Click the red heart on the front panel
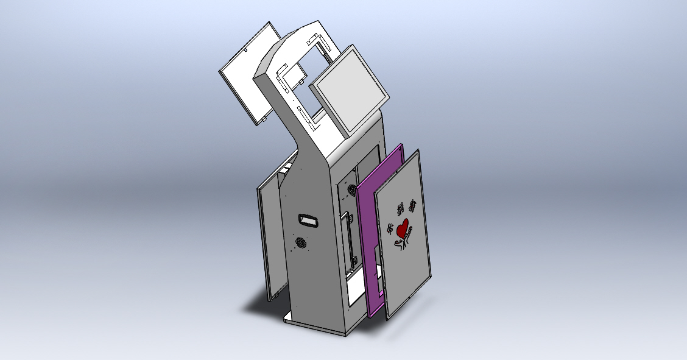tap(402, 229)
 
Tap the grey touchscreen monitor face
tap(353, 90)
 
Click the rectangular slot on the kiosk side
tap(309, 221)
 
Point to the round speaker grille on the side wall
tap(300, 243)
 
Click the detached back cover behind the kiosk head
tap(247, 79)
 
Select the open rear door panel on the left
tap(271, 238)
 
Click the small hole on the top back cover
tap(245, 51)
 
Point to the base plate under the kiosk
tap(317, 325)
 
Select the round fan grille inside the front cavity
tap(351, 191)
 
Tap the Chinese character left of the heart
tap(390, 229)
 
